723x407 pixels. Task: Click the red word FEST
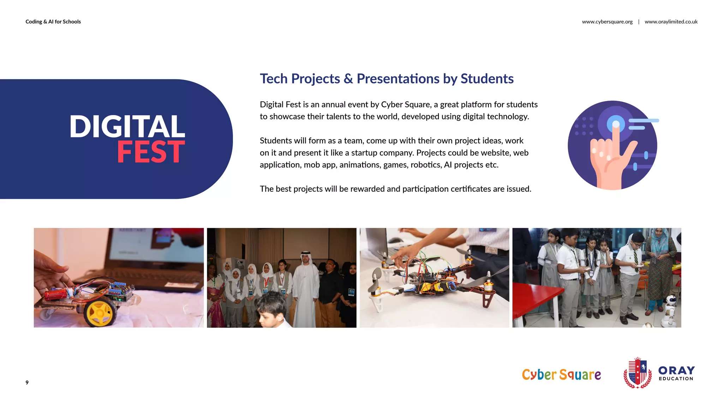point(151,152)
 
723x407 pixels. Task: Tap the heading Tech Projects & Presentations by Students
point(387,78)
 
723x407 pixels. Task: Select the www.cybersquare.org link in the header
point(607,22)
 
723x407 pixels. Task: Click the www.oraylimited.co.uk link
point(671,22)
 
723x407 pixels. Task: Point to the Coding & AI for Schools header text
point(53,22)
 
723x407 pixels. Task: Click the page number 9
point(27,382)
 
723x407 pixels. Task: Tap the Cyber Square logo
point(561,374)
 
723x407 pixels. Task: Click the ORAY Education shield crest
point(638,373)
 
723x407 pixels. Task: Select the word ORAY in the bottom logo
point(676,370)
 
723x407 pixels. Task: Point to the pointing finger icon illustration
point(613,146)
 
